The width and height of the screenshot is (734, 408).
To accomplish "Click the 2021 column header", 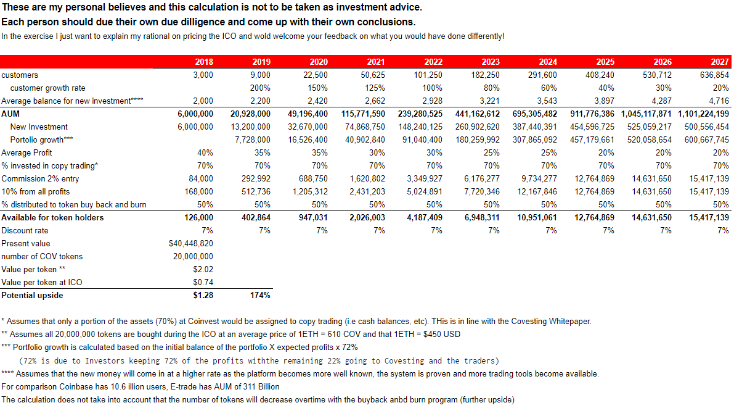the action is tap(376, 62).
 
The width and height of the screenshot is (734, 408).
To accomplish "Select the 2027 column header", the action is tap(719, 62).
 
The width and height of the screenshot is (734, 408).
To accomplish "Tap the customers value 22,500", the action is tap(316, 75).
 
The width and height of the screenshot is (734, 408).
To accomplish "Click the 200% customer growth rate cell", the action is tap(260, 88).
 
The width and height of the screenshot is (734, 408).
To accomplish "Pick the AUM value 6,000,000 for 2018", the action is tap(195, 114).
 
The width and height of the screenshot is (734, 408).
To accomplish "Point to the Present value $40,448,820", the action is tap(191, 244).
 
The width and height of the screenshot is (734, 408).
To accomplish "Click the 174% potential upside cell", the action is tap(260, 296).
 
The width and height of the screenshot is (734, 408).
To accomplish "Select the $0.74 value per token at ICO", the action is tap(203, 282).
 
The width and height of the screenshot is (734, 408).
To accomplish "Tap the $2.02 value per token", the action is tap(203, 270).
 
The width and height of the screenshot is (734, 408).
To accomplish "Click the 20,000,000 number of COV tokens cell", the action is tap(193, 257).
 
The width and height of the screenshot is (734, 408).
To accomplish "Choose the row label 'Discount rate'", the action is tap(25, 231).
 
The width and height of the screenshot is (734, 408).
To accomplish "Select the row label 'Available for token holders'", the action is tap(52, 218).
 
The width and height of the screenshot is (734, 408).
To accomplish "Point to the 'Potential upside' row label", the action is tap(32, 296).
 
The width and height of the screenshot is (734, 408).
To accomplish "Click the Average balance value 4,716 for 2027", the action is tap(719, 101).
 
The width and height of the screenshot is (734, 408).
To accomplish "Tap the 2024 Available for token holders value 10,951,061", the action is tap(537, 218).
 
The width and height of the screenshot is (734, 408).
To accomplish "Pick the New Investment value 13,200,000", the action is tap(250, 127).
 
